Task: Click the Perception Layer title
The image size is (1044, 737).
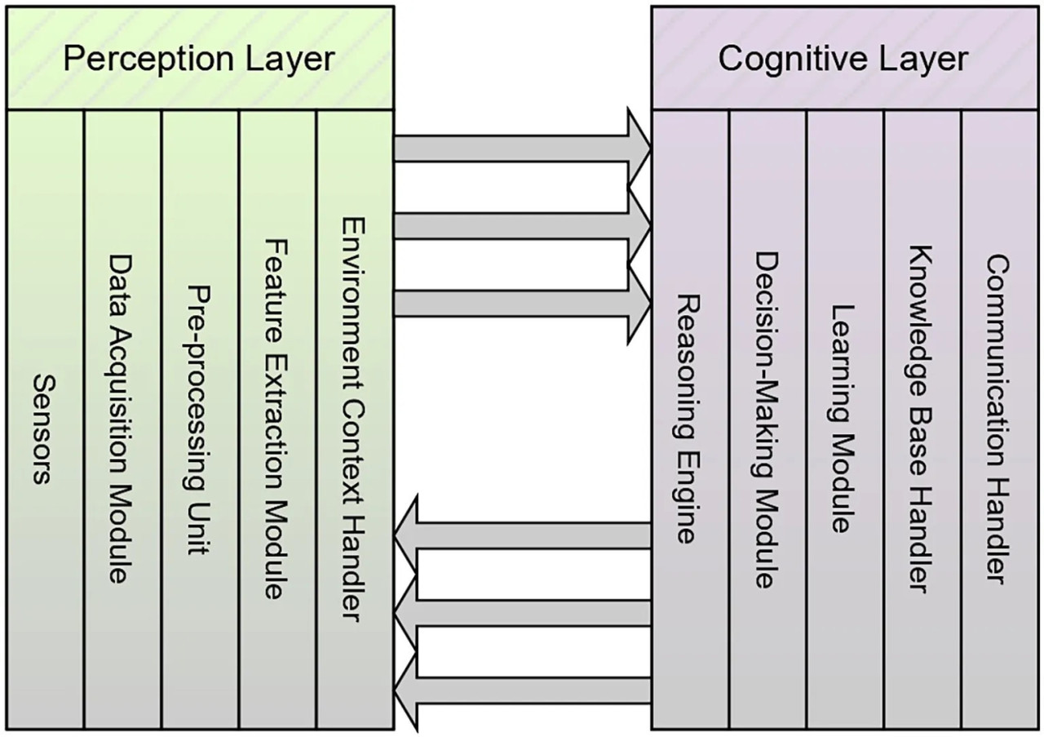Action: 199,60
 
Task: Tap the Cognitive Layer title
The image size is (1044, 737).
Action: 843,59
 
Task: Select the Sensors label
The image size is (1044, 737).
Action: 44,429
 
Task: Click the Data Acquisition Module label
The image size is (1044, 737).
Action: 122,419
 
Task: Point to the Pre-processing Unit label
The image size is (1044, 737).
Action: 199,420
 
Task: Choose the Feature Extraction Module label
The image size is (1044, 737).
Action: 276,420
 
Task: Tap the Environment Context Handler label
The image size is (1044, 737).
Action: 354,419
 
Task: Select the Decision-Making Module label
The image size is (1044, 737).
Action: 767,420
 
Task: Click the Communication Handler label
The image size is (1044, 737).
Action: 998,419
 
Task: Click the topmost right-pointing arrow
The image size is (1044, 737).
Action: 522,149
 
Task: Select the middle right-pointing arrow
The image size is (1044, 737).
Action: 522,226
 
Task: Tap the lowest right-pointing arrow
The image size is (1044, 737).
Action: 522,304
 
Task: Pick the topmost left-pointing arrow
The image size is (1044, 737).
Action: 522,535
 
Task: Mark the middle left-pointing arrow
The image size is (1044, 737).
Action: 522,613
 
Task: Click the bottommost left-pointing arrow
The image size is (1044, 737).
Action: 522,690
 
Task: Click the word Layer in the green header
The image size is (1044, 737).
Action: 290,60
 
